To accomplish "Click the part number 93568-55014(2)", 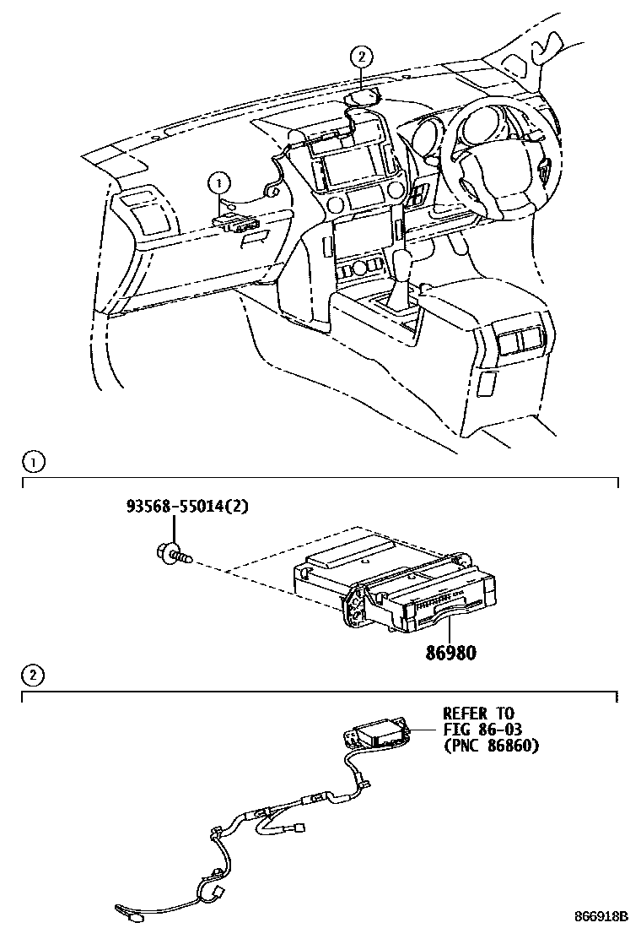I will point(189,507).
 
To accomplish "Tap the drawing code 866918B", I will point(601,916).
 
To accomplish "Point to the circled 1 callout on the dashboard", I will point(218,180).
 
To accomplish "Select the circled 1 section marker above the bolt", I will point(32,461).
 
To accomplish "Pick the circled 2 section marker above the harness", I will point(32,675).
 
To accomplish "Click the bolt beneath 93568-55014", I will point(172,553).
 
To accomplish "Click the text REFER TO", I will point(478,714).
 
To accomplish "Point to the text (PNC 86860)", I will point(491,746).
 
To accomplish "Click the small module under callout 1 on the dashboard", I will point(237,222).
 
